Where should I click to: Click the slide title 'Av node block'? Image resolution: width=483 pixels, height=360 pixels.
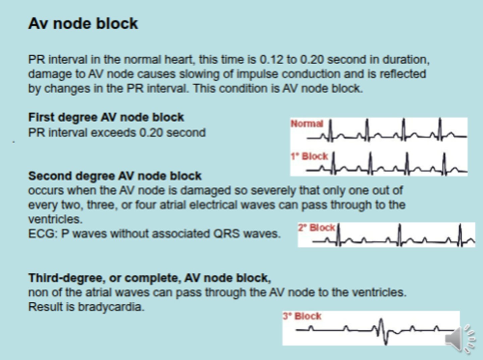tap(83, 23)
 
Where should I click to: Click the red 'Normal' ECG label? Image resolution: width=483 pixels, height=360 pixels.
tap(307, 124)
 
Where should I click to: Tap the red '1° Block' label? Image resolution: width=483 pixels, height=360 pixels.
tap(309, 156)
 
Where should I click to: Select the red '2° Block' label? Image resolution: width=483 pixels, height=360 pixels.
tap(316, 228)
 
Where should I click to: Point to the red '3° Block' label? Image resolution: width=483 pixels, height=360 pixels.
tap(302, 316)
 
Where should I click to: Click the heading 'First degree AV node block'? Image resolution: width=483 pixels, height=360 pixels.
tap(106, 117)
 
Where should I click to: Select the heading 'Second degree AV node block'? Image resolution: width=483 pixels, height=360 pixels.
tap(115, 176)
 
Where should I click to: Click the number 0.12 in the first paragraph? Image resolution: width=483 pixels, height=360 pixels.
tap(271, 60)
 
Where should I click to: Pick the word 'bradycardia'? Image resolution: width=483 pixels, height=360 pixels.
tap(111, 307)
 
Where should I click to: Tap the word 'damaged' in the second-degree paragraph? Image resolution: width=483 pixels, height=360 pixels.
tap(206, 191)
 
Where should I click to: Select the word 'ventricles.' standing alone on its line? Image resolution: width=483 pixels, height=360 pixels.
tap(55, 219)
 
